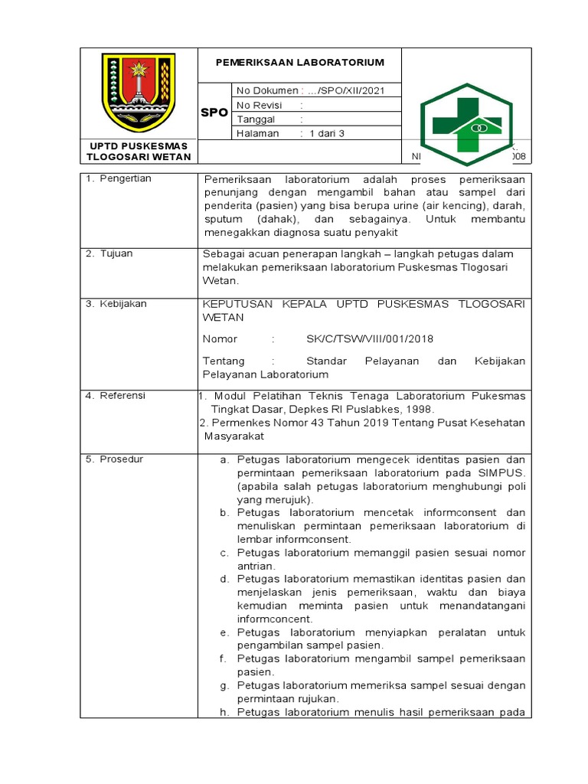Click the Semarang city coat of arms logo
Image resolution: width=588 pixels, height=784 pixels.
click(x=139, y=93)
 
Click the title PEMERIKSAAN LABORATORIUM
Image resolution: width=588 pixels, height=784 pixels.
click(x=299, y=62)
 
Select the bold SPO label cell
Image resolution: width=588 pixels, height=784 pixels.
click(x=214, y=113)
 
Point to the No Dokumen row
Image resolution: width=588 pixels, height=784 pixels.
click(x=310, y=91)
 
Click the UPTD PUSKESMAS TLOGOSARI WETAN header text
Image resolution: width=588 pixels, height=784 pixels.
click(x=139, y=151)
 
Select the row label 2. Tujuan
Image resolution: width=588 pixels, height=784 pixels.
click(x=112, y=253)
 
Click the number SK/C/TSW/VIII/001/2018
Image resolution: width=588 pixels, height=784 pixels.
click(x=362, y=339)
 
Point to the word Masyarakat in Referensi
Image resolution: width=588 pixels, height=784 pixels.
click(x=234, y=436)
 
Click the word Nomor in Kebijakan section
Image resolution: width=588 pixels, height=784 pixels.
click(x=220, y=339)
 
